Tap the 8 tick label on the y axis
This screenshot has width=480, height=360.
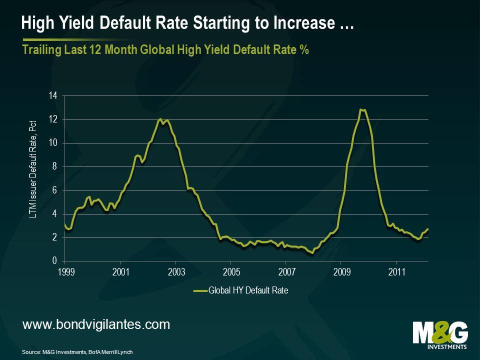pos(55,167)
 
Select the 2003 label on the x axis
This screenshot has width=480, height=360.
pos(176,272)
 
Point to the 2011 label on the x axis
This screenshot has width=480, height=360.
pos(396,272)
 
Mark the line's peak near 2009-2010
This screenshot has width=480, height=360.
pos(360,109)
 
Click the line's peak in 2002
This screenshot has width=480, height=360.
pos(160,118)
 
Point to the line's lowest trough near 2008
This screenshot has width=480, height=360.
pos(312,253)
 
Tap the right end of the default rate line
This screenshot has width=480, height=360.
pos(428,229)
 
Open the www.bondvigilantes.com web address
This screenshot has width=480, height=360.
pos(96,324)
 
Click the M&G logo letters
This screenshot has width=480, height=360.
pos(440,332)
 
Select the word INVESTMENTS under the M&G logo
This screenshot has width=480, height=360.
pos(440,346)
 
